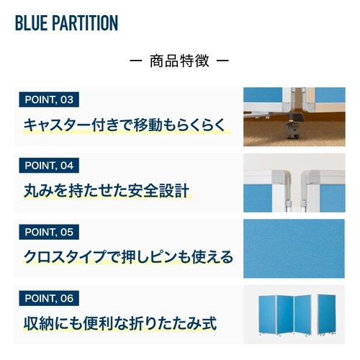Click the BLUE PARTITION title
pyautogui.click(x=66, y=23)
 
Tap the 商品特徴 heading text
pyautogui.click(x=179, y=61)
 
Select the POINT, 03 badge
pyautogui.click(x=48, y=99)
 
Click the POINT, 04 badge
pyautogui.click(x=48, y=166)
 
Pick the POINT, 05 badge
pyautogui.click(x=48, y=232)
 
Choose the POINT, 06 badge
pyautogui.click(x=48, y=297)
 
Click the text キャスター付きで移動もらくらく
pyautogui.click(x=124, y=125)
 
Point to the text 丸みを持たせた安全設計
pyautogui.click(x=105, y=191)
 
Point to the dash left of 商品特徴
pyautogui.click(x=135, y=61)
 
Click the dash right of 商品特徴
pyautogui.click(x=223, y=61)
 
